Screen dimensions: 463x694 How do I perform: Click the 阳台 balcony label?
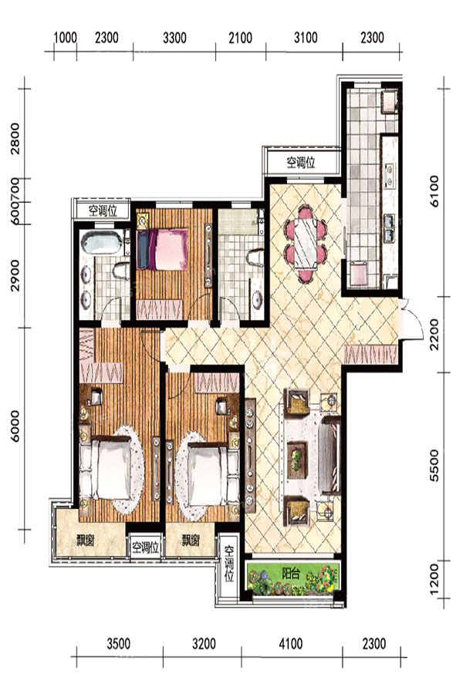coord(291,574)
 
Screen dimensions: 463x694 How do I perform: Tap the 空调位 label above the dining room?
coord(301,163)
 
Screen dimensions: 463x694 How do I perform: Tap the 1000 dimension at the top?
coord(65,38)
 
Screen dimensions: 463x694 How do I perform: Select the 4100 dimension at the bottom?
coord(291,643)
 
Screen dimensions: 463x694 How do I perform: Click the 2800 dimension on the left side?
coord(15,139)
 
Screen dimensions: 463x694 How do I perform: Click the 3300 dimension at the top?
coord(174,38)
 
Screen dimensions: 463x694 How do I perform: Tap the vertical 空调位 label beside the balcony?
coord(229,564)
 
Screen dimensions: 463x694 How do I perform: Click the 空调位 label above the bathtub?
coord(103,211)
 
